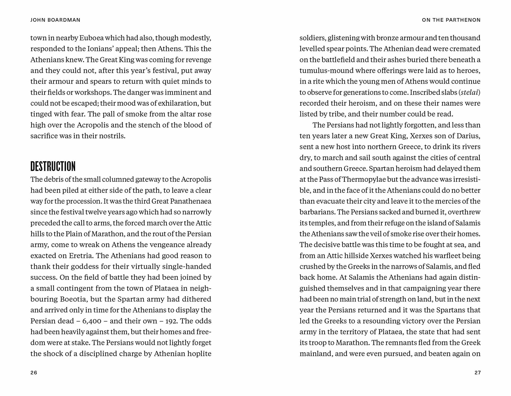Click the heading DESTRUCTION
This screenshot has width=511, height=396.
(x=53, y=166)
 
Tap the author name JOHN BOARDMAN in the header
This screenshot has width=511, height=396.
(x=55, y=20)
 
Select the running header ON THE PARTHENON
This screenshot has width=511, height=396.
(x=451, y=20)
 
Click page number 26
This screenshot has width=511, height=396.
(x=34, y=373)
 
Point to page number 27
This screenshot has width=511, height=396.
(x=478, y=373)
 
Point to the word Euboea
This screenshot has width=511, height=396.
(x=91, y=38)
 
